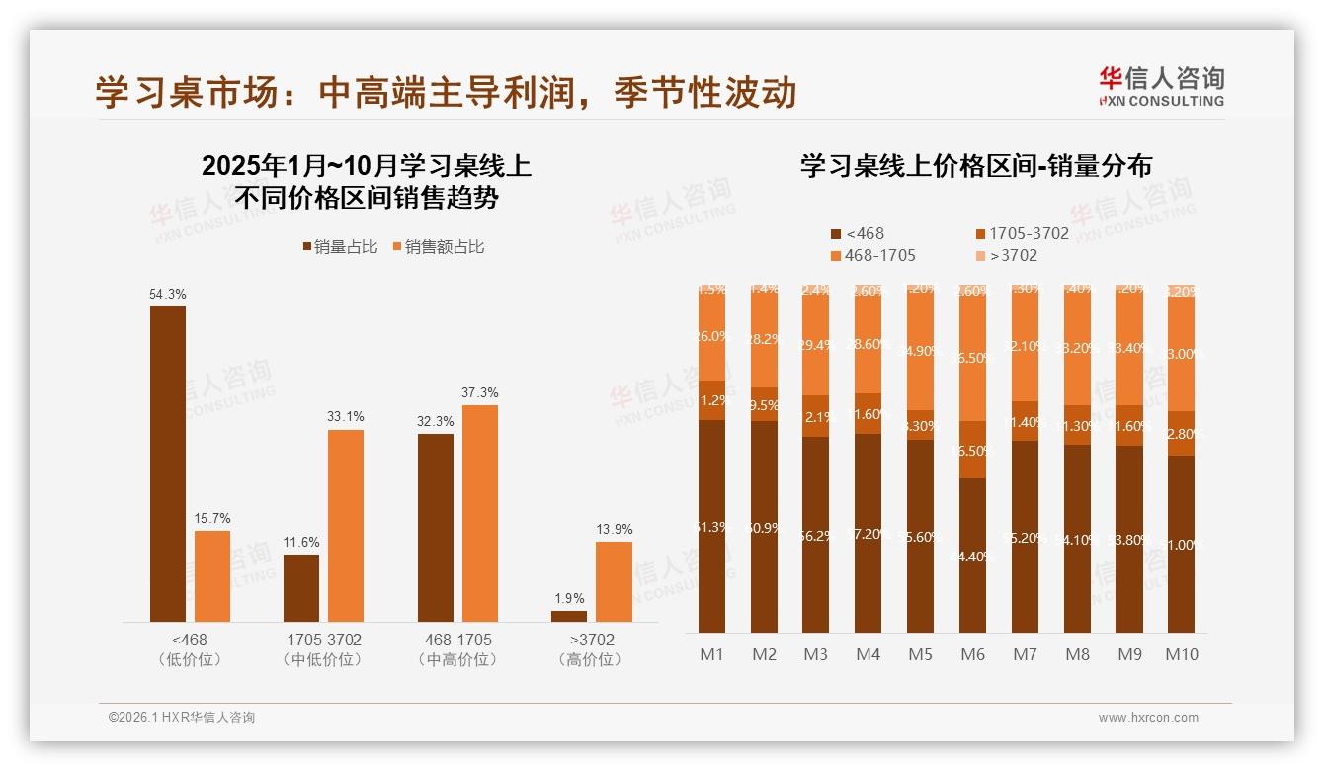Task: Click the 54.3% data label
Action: (167, 294)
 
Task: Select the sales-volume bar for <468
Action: (167, 465)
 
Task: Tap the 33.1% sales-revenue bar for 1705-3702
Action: (345, 526)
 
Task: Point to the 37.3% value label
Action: (479, 392)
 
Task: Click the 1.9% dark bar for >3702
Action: (569, 617)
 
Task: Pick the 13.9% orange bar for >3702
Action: (614, 582)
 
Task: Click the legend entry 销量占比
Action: (340, 247)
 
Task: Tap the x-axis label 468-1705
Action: (456, 641)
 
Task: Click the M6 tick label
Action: (972, 654)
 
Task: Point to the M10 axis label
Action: (1181, 654)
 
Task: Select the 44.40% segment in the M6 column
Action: (972, 556)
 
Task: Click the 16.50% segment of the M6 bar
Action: (972, 450)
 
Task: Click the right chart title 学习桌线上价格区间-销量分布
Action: (975, 166)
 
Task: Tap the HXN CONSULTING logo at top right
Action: (1161, 86)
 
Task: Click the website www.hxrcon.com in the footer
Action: (1147, 718)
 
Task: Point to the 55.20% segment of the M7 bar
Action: (1025, 537)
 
